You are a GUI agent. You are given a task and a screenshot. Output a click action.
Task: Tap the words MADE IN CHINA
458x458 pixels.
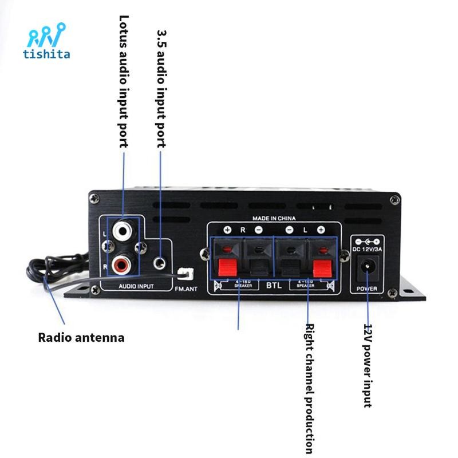275,219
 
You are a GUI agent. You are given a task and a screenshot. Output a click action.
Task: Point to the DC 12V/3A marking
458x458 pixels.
366,248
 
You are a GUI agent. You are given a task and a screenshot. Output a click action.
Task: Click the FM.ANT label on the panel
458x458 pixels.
186,289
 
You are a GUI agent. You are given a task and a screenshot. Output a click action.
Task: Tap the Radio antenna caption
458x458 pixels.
81,337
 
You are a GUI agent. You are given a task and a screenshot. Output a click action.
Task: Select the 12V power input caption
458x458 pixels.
368,365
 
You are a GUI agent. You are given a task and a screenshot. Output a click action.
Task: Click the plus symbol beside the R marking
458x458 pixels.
228,230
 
